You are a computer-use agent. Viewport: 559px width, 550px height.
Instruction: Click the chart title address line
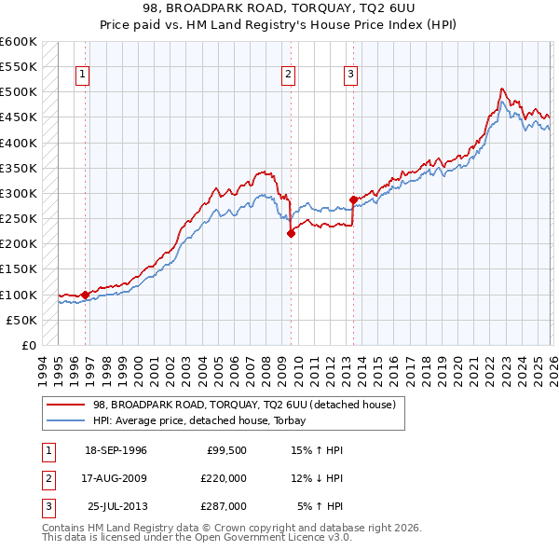279,8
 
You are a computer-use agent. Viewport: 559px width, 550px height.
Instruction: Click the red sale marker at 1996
85,295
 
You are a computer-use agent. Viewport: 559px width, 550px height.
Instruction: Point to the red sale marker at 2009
291,234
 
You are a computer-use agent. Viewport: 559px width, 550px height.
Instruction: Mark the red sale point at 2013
353,199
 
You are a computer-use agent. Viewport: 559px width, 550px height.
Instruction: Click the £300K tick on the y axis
19,193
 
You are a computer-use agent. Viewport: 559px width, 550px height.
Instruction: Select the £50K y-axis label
21,320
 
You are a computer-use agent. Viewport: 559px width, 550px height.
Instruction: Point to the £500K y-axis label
19,92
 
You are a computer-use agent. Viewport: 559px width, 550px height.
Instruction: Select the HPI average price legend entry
206,420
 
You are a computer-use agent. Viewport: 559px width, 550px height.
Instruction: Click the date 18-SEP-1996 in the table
116,450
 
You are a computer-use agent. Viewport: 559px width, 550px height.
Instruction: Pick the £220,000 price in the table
224,478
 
